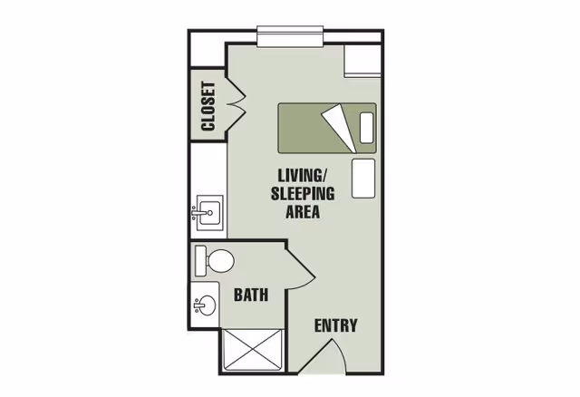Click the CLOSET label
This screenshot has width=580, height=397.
(208, 106)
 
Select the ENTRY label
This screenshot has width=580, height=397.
(335, 325)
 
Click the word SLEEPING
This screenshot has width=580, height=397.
(303, 193)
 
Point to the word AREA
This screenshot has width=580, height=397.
(303, 213)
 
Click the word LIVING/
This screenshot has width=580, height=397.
(303, 173)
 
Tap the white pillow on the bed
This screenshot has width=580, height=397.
(367, 129)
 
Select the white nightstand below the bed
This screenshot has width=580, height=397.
(364, 178)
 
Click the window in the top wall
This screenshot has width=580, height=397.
(289, 36)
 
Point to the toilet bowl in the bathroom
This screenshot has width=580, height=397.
(220, 262)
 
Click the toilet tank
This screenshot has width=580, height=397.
(201, 261)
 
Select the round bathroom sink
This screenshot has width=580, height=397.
(206, 305)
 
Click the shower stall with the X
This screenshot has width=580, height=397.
(253, 350)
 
